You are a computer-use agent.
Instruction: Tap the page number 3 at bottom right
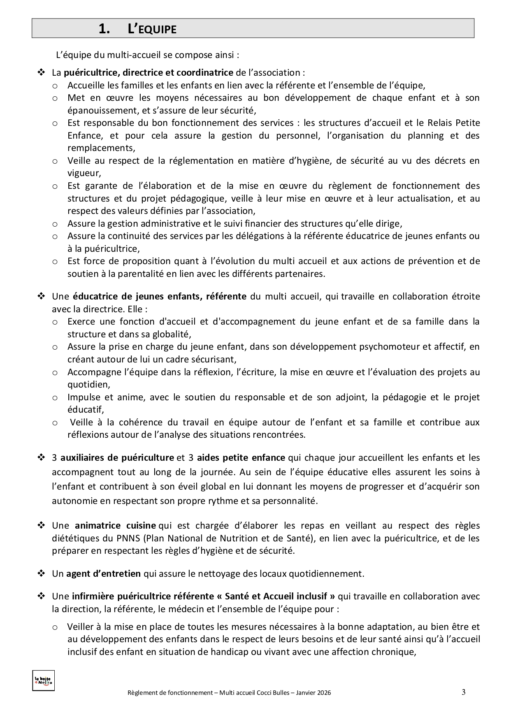(464, 692)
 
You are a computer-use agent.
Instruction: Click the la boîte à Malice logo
(43, 681)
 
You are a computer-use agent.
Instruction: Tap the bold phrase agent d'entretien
(103, 573)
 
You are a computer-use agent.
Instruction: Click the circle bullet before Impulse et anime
(55, 398)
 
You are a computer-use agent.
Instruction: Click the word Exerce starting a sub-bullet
(81, 321)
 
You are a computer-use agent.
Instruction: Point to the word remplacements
(100, 148)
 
